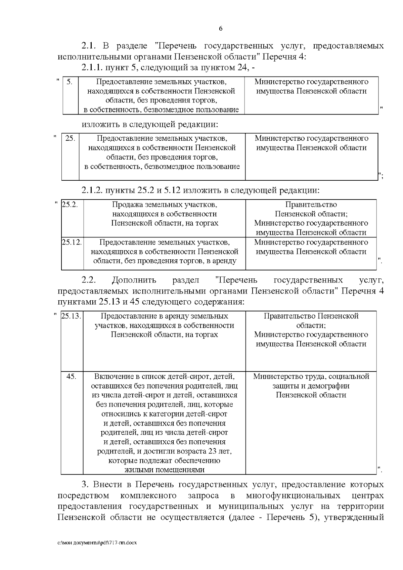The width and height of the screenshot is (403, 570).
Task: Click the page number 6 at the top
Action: pos(221,29)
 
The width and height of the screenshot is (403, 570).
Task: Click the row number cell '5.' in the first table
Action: pos(69,82)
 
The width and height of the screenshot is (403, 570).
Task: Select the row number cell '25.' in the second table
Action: pos(70,138)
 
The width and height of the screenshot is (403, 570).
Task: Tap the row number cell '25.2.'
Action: pos(70,205)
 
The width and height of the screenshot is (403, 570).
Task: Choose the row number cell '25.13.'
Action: pos(72,316)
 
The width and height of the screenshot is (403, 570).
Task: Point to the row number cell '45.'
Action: pos(71,377)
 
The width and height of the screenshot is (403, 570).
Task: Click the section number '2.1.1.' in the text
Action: pos(92,68)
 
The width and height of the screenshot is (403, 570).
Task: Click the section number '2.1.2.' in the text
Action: pos(92,190)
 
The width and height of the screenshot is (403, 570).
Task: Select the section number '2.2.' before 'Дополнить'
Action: pos(89,280)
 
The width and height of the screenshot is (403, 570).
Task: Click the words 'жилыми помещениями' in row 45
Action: pos(164,470)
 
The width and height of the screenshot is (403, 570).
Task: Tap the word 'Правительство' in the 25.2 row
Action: pos(311,205)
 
